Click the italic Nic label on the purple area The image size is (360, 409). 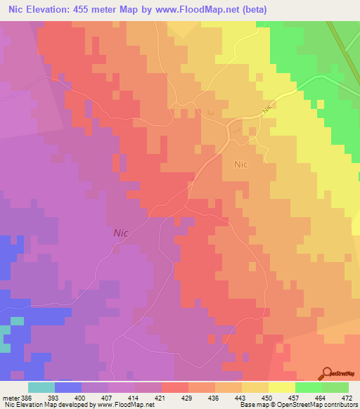121,232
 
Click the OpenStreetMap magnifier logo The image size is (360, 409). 328,373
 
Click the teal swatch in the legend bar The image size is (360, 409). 41,387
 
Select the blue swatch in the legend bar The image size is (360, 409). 67,387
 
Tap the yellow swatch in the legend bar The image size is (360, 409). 282,387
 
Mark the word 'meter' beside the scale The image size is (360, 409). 8,398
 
